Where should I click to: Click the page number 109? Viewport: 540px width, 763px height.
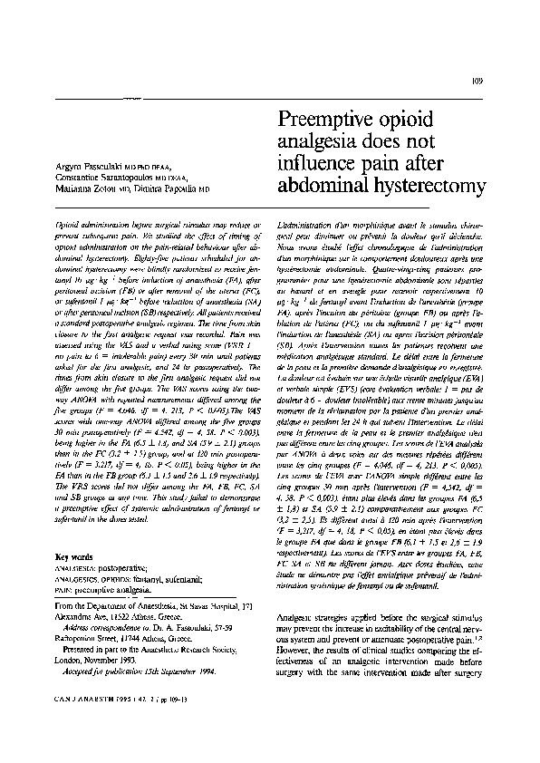[480, 82]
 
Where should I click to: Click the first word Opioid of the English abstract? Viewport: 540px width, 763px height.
[70, 222]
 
